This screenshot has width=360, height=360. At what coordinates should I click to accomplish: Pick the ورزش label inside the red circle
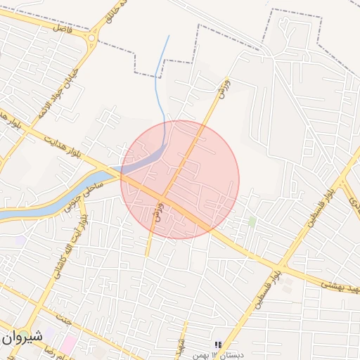[159, 211]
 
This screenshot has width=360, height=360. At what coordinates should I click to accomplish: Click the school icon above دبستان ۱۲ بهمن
[218, 345]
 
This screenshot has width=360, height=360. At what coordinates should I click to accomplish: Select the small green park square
[252, 222]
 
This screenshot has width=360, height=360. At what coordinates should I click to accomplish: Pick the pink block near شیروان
[69, 345]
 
